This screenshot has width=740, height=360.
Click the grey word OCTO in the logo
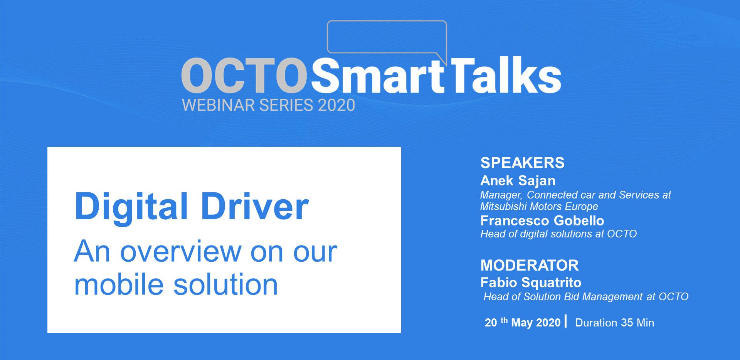point(244,76)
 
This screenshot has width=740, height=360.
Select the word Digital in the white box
point(131,207)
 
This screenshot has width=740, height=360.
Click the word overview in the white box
point(180,252)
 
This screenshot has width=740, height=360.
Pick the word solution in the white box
point(225,284)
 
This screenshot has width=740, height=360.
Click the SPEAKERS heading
point(522,163)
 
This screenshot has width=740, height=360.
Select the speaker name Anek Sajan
point(518,180)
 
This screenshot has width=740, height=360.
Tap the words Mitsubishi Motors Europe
point(539,207)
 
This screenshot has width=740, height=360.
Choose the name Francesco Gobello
point(542,220)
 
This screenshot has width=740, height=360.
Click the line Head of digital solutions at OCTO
point(558,234)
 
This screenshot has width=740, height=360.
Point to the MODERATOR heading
point(530,265)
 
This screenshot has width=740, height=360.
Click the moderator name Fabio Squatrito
point(531,283)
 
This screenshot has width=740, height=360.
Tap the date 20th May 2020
point(523,322)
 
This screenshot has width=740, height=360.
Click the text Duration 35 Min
point(614,323)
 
